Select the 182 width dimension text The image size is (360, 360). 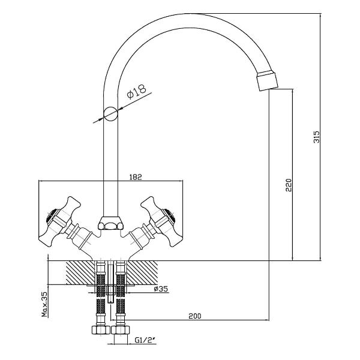135,177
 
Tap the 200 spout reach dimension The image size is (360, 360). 196,316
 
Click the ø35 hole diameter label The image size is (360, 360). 161,289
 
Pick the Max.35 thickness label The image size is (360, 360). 44,306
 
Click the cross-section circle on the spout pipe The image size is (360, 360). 110,112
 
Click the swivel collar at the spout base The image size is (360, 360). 110,224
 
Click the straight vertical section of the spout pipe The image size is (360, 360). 110,168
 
